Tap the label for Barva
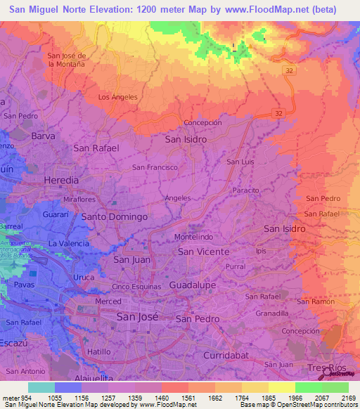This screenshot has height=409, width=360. (x=43, y=136)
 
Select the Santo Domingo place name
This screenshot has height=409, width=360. (x=115, y=217)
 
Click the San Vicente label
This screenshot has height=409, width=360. (x=203, y=252)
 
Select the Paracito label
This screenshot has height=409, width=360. (x=246, y=190)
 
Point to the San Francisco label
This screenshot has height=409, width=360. (x=155, y=167)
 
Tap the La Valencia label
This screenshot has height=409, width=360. (x=68, y=243)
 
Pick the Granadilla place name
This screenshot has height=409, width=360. (x=272, y=313)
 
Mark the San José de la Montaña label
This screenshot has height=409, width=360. (x=66, y=60)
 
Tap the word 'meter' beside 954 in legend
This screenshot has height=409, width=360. (x=11, y=398)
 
